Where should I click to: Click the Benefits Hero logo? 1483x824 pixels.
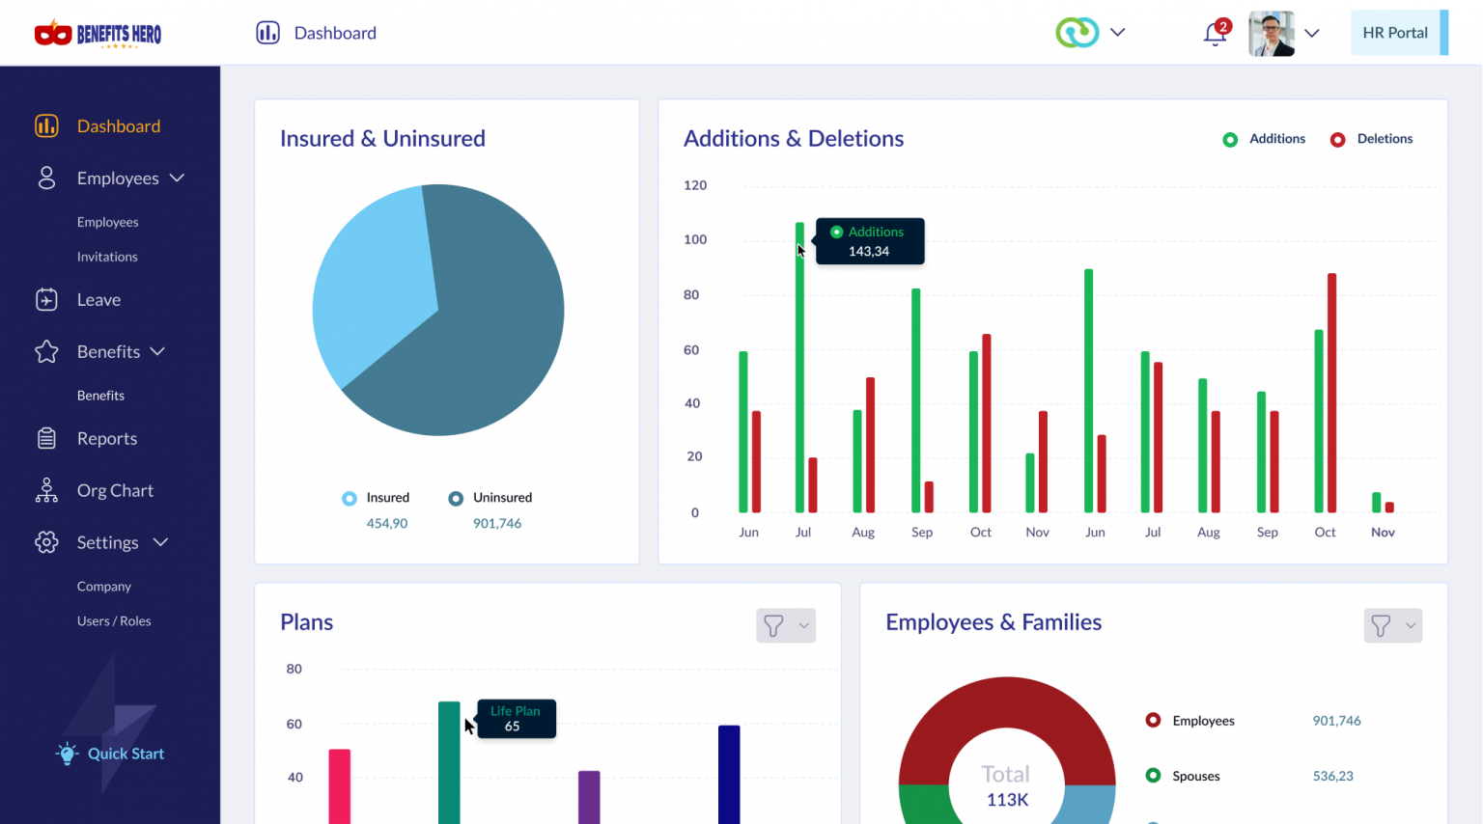coord(98,34)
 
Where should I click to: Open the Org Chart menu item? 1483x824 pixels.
coord(115,490)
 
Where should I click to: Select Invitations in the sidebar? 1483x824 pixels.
coord(107,257)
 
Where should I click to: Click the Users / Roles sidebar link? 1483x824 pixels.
coord(114,620)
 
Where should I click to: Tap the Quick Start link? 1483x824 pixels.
coord(126,754)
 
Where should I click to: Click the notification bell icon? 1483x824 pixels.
coord(1215,35)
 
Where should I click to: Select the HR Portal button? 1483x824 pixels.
coord(1395,33)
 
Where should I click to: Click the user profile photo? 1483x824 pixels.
coord(1271,34)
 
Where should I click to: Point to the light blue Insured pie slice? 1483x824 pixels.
coord(372,280)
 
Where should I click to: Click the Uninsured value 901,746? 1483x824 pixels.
coord(497,523)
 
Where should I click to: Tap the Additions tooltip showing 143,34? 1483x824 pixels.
coord(870,241)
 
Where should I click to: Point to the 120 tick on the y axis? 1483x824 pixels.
coord(695,185)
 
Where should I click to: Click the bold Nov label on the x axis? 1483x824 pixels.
coord(1383,532)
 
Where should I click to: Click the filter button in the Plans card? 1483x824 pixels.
coord(785,625)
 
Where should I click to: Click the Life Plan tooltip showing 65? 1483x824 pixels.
coord(517,719)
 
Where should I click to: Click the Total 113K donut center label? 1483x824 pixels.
coord(1006,786)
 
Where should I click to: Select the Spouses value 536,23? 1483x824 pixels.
coord(1332,776)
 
